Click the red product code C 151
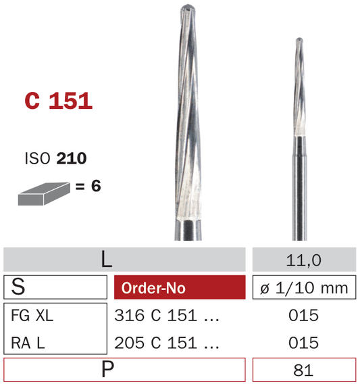click(58, 101)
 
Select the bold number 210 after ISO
click(72, 158)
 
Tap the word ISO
click(37, 158)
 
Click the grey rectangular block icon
click(44, 194)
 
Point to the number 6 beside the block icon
click(96, 186)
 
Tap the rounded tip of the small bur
click(299, 40)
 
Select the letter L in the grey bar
click(107, 260)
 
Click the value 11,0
click(304, 260)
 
